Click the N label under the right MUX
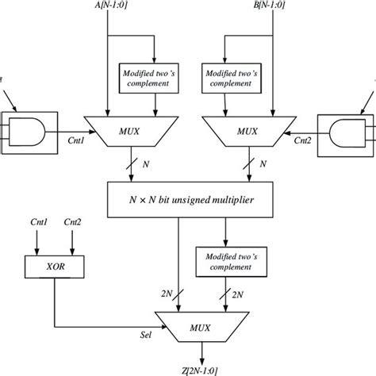263,165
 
